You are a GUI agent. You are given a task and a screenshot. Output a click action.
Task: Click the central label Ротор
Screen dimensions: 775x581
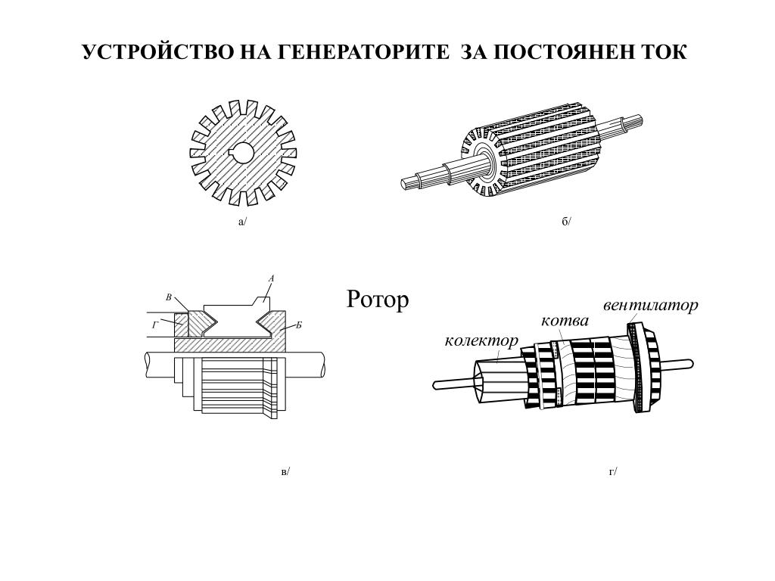tap(378, 300)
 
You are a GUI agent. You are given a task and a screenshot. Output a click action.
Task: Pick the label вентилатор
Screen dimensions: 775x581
tap(650, 306)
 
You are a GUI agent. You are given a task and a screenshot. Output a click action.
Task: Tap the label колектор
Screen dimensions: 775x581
tap(481, 340)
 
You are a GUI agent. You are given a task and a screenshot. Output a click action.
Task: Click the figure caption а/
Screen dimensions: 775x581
tap(243, 222)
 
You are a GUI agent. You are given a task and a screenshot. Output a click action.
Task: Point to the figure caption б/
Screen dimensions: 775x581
tap(567, 222)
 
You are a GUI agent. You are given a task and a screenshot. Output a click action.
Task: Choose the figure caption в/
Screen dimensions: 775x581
tap(285, 471)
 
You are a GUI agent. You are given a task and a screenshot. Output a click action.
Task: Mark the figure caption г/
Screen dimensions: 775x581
tap(613, 471)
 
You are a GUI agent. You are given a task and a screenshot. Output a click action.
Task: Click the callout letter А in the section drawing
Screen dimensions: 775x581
tap(271, 278)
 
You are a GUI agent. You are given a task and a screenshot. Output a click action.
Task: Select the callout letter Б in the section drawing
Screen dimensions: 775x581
tap(299, 325)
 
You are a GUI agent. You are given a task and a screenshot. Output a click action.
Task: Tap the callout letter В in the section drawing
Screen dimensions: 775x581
tap(169, 297)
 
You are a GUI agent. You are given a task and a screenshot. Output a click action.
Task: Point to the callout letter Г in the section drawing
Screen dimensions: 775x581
tap(155, 325)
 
